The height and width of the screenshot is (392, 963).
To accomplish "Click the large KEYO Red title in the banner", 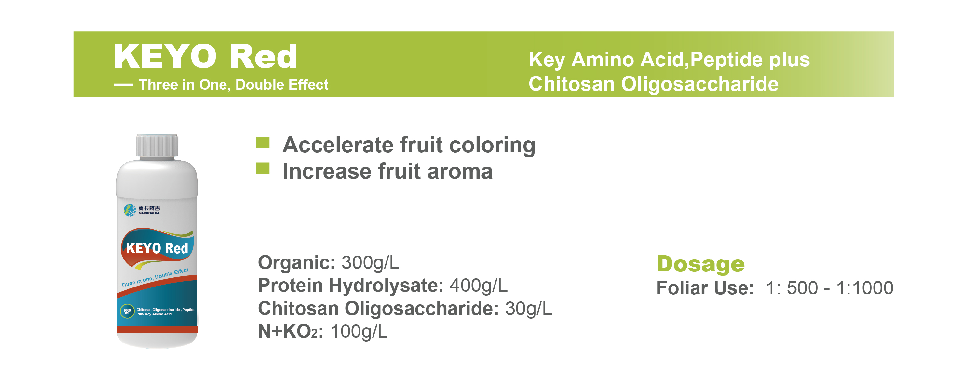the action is [205, 56].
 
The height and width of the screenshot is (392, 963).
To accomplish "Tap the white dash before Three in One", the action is [123, 85].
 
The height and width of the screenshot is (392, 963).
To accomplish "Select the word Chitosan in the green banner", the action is [572, 84].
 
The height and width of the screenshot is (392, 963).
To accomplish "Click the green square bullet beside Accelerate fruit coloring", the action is [263, 143].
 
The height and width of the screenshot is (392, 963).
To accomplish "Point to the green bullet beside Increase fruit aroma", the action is [263, 168].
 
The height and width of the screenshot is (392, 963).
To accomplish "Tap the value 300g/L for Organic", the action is [371, 262].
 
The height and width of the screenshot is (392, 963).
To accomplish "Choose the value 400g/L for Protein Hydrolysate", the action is [479, 286].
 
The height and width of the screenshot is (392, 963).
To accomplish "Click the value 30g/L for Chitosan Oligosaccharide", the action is [529, 309].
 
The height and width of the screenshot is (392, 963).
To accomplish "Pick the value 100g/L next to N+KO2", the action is [359, 331].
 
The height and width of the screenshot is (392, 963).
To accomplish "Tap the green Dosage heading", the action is [700, 264].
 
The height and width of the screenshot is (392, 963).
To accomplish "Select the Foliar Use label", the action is [705, 288].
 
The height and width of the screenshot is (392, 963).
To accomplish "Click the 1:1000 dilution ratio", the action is [865, 288].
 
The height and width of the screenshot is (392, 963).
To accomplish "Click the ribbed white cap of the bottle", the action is [157, 146].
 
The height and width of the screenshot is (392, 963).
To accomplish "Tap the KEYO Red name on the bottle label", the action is [157, 248].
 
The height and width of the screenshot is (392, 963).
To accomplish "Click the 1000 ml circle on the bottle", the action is [127, 311].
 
